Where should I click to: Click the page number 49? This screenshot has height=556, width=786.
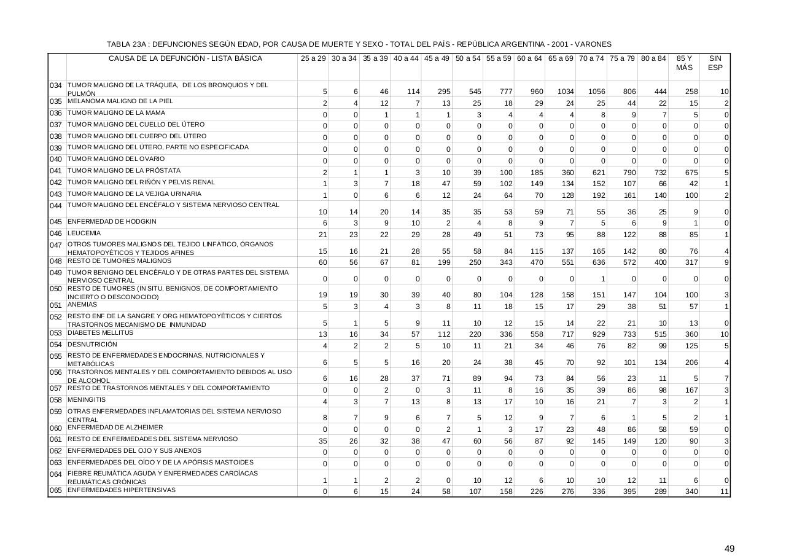(x=729, y=549)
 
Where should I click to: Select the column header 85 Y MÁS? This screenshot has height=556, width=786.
(x=684, y=63)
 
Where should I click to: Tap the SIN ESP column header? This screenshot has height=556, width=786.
(x=715, y=63)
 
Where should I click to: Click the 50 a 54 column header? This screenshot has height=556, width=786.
(x=468, y=58)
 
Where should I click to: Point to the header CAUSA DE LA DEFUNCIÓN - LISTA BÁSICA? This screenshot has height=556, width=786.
(x=185, y=58)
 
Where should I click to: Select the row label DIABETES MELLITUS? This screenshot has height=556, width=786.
(x=100, y=333)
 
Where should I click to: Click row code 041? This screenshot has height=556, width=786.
(x=56, y=171)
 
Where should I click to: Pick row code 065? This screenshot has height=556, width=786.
(x=56, y=491)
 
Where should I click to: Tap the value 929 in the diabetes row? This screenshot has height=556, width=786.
(x=597, y=334)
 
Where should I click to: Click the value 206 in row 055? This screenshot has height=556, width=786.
(x=691, y=362)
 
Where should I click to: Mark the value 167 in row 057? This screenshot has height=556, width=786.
(x=691, y=390)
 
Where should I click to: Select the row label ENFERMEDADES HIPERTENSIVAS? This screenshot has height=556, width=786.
(x=122, y=490)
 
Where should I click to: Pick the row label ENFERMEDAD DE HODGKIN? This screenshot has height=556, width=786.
(x=112, y=221)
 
